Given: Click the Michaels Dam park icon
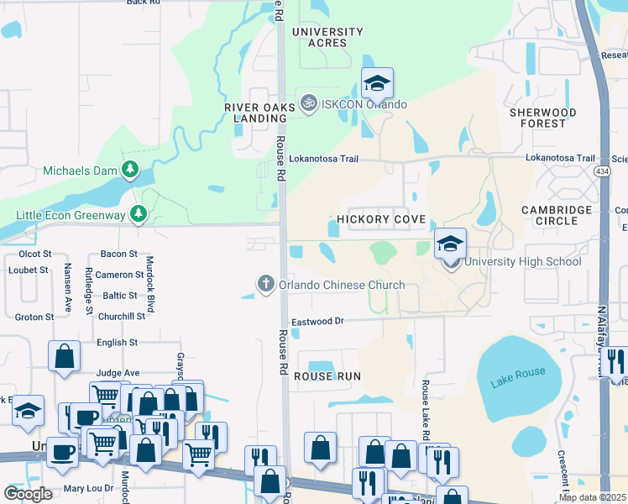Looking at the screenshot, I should click(129, 171).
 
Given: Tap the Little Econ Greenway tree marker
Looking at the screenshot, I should click(139, 215).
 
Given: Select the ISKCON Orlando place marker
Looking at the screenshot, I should click(309, 104).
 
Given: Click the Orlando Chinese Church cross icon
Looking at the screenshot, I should click(266, 284).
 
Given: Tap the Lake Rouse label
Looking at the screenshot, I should click(519, 372).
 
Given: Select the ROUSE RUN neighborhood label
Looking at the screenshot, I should click(327, 377).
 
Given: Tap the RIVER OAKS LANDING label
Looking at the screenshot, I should click(259, 113).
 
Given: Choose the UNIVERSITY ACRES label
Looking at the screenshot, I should click(327, 37).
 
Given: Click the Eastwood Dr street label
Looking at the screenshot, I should click(318, 322).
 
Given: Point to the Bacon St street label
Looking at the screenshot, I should click(118, 254).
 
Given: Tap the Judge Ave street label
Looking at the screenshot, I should click(118, 372).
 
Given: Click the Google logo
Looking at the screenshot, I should click(28, 494).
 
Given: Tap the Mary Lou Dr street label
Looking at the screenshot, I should click(88, 488).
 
